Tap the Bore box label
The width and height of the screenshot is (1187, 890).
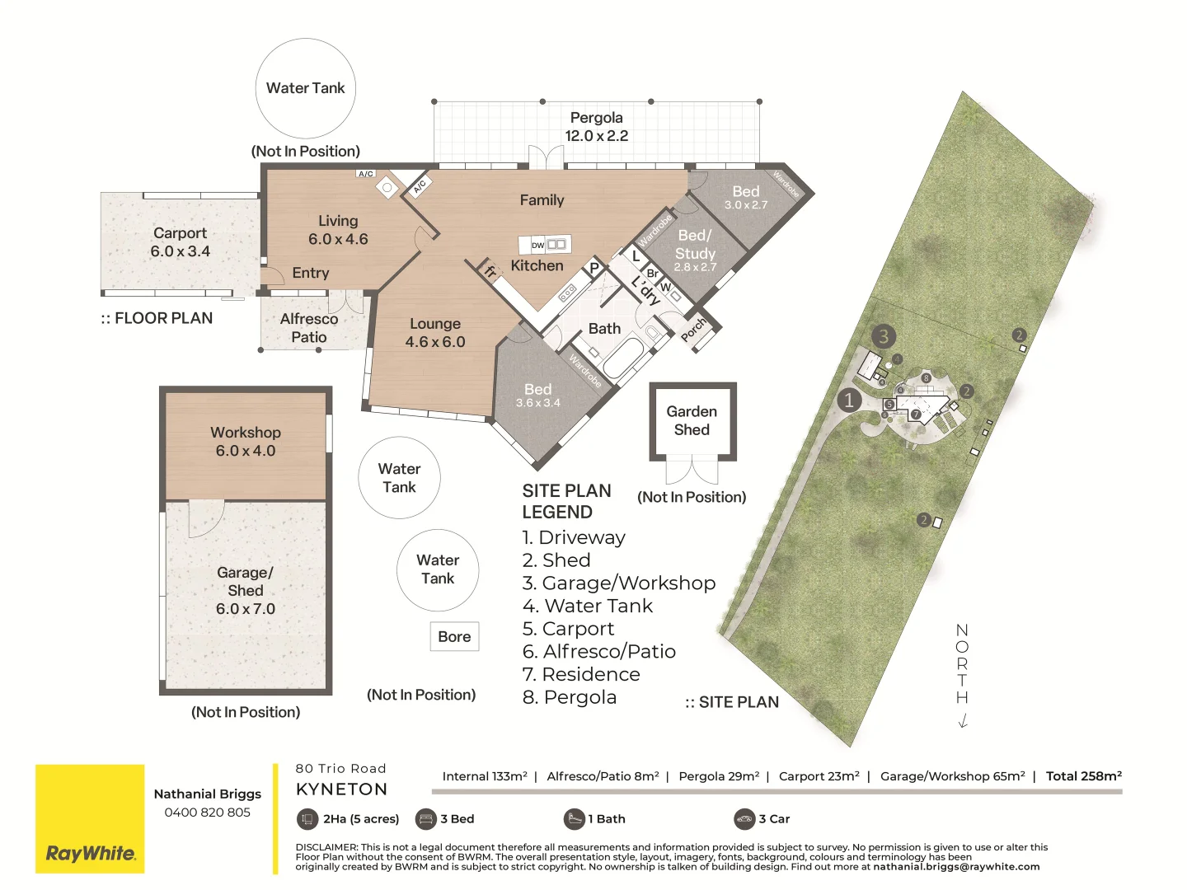click(x=454, y=637)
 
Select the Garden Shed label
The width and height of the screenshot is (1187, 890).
click(x=692, y=420)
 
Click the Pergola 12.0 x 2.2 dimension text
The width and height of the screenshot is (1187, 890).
click(x=596, y=136)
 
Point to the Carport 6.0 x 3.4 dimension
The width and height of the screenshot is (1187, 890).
click(x=180, y=251)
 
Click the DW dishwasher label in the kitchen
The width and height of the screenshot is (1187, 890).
click(x=537, y=246)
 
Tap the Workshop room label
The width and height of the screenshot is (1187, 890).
click(x=246, y=433)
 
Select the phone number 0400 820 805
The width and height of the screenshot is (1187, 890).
click(x=207, y=813)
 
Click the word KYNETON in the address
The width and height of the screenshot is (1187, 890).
click(x=341, y=789)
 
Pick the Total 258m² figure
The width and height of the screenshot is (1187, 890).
click(x=1083, y=776)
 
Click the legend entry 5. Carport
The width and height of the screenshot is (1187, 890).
click(x=568, y=629)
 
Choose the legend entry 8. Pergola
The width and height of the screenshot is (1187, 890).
click(x=569, y=697)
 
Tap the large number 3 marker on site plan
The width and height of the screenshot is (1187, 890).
click(x=884, y=336)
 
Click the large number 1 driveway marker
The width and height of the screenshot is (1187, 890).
click(x=849, y=400)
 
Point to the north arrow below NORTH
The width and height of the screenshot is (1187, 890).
click(x=962, y=721)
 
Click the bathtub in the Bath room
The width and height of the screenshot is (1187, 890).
click(x=624, y=355)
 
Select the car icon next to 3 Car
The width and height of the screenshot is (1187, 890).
click(x=744, y=819)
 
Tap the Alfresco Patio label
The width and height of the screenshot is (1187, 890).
click(x=309, y=328)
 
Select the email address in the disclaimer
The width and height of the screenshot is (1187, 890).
click(x=956, y=867)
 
